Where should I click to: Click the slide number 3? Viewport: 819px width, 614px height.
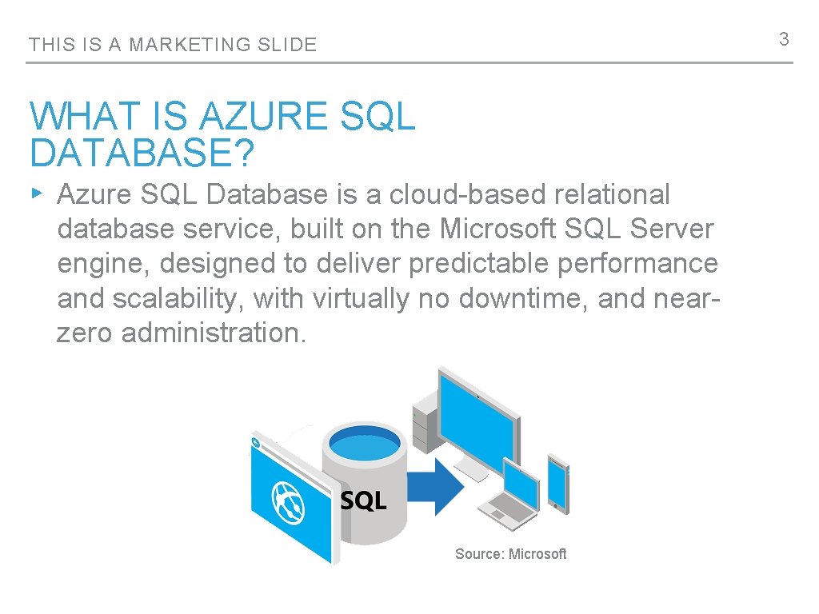click(x=784, y=39)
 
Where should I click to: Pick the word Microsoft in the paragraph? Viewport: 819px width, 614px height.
click(x=497, y=229)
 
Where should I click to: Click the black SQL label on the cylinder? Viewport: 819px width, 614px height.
click(x=364, y=501)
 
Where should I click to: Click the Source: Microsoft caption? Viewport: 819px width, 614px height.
click(x=510, y=553)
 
